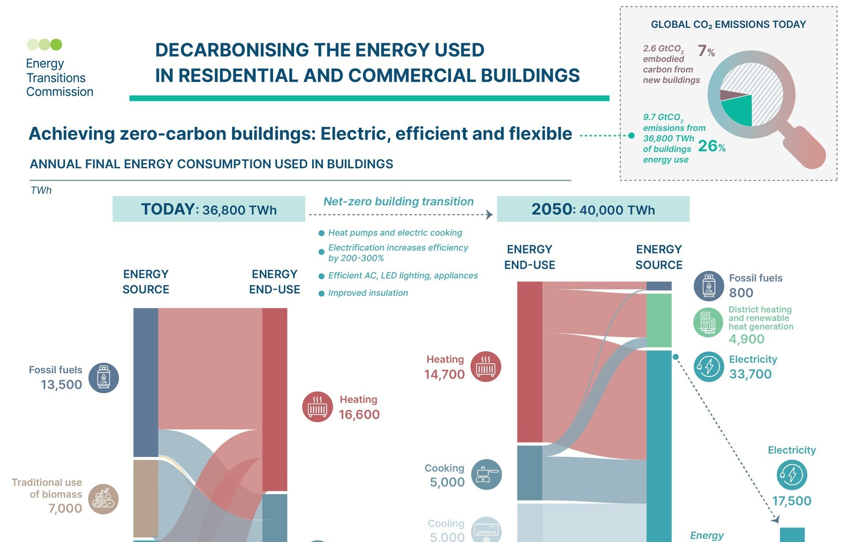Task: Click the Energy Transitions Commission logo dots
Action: [x=45, y=44]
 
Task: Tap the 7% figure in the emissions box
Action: [x=706, y=51]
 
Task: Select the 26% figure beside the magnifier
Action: [x=711, y=146]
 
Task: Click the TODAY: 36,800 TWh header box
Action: [x=209, y=209]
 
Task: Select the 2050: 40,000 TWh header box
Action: [x=593, y=209]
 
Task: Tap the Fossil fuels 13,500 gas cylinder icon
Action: [x=103, y=378]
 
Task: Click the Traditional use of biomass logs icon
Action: [x=103, y=499]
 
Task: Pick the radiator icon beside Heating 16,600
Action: [x=317, y=406]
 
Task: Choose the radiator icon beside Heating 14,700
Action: [x=486, y=367]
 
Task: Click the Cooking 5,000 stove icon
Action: [x=486, y=474]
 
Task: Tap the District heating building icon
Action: [x=708, y=322]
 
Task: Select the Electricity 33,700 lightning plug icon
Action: [x=708, y=367]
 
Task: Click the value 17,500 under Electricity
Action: [x=791, y=501]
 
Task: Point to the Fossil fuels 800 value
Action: [x=741, y=293]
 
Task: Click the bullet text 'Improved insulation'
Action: [x=368, y=293]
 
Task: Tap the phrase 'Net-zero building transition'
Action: [x=398, y=201]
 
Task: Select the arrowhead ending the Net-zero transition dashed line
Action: [x=490, y=215]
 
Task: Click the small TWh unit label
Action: [x=41, y=190]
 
